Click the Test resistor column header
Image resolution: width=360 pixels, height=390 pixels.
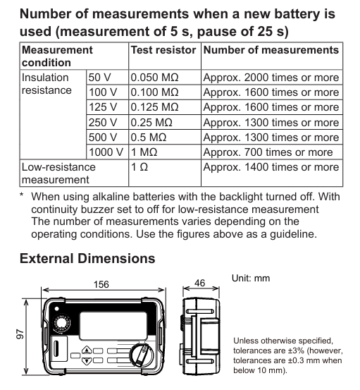163,50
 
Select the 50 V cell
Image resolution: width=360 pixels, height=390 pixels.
99,78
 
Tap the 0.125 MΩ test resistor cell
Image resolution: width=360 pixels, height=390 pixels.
154,107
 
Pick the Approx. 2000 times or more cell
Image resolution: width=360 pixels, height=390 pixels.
271,78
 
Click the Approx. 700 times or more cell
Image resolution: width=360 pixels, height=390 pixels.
268,152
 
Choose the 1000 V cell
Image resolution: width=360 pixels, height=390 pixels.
106,152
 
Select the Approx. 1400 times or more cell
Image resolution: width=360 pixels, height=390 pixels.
271,167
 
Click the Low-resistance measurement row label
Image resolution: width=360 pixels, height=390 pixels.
58,173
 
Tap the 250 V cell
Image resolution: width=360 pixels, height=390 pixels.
103,123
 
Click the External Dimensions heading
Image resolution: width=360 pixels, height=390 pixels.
87,258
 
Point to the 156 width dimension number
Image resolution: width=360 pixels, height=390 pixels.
101,284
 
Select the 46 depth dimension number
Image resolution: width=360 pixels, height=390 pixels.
200,283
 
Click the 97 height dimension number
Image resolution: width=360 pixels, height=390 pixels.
20,334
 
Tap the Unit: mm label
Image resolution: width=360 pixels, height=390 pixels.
251,278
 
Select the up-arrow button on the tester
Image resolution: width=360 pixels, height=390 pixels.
87,351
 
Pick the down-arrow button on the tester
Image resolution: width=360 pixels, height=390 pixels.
87,360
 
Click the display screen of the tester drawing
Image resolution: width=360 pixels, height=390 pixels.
113,326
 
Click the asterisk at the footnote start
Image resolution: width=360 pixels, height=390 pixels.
22,195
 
